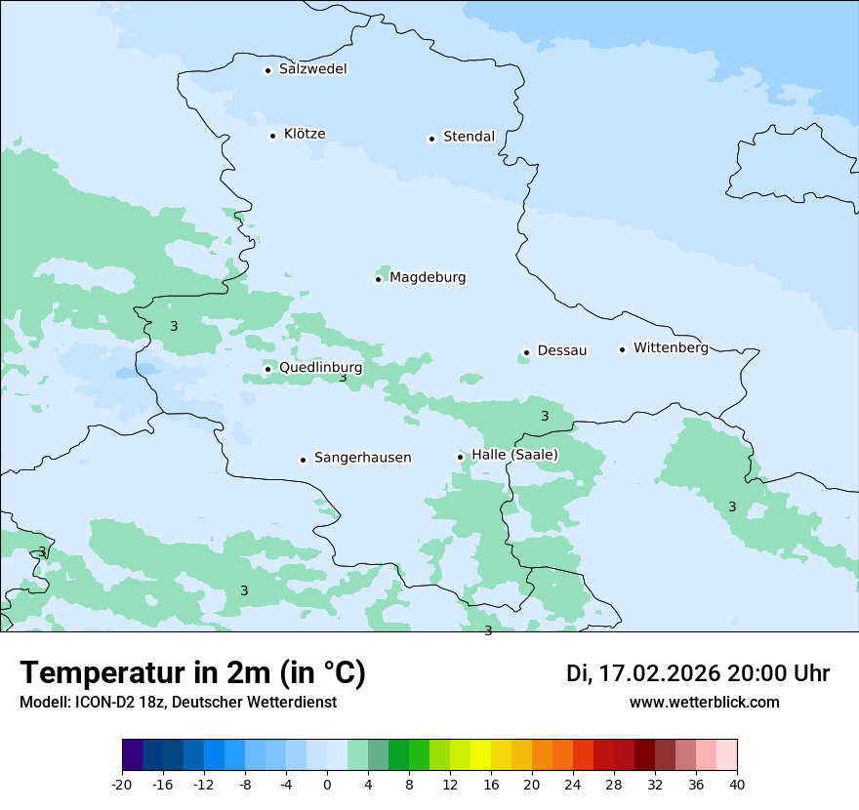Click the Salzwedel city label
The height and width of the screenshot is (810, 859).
[x=312, y=69]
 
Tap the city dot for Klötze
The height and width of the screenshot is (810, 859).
[x=273, y=136]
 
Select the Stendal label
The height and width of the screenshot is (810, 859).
[x=469, y=137]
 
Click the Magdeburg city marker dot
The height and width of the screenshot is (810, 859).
[x=379, y=279]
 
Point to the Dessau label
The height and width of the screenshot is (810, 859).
[x=562, y=350]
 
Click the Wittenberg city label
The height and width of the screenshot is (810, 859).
[x=671, y=347]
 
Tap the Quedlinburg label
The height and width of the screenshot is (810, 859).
[x=320, y=368]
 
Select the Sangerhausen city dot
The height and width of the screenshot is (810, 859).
[x=304, y=460]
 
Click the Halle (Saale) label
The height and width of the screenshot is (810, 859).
[x=514, y=455]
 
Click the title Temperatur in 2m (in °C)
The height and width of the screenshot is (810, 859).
[x=192, y=673]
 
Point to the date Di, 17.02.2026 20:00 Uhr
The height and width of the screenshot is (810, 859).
[x=698, y=673]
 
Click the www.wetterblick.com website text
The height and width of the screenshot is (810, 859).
[x=704, y=703]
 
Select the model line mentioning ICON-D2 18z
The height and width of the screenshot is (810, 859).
[x=178, y=703]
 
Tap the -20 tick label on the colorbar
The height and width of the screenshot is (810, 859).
[x=122, y=784]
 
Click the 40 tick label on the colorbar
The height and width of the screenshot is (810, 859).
[x=737, y=784]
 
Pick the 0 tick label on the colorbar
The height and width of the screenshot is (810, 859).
[x=327, y=784]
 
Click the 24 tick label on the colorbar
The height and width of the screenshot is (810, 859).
[x=573, y=784]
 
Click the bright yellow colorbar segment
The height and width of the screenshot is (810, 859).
[x=480, y=755]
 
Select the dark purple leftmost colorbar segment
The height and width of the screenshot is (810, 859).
[x=132, y=755]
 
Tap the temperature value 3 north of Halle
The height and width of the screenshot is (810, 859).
[x=545, y=417]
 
